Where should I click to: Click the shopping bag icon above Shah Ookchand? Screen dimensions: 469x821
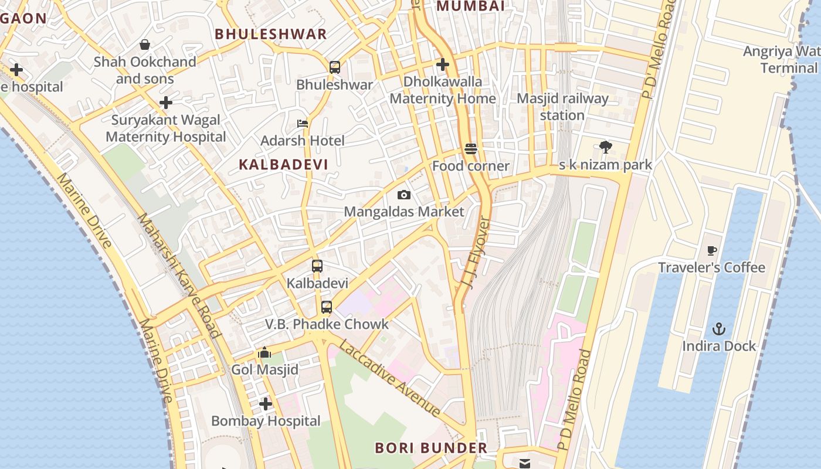(144, 45)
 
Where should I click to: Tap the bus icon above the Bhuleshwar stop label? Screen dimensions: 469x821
(334, 67)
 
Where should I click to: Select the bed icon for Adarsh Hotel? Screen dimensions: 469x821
(303, 124)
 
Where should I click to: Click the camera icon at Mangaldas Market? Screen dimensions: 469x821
(403, 195)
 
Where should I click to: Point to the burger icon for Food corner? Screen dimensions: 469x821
(470, 149)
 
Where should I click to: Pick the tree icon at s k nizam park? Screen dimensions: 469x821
(605, 147)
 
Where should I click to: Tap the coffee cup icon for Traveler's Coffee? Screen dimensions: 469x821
(712, 251)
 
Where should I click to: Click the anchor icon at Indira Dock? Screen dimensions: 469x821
(718, 329)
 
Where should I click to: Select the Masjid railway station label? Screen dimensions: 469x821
(562, 107)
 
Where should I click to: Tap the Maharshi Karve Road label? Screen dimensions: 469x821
(178, 276)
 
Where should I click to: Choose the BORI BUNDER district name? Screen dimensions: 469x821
(431, 448)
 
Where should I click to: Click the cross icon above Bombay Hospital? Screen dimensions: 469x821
(266, 404)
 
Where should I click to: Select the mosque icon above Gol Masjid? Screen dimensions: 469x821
(264, 353)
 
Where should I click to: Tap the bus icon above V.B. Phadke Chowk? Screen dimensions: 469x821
(326, 307)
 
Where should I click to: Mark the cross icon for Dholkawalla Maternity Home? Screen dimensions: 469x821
(443, 64)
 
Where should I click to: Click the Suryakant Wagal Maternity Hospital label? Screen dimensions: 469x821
(166, 128)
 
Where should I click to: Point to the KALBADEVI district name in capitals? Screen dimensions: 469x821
(283, 165)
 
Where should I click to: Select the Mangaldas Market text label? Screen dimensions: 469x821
(403, 212)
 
